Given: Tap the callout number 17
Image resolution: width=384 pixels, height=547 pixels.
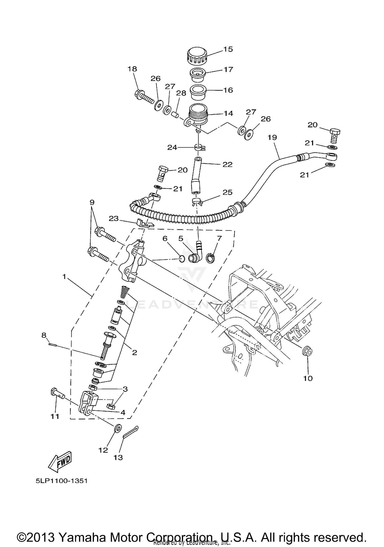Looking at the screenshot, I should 228,69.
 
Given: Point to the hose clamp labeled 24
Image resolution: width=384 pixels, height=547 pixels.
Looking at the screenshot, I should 199,148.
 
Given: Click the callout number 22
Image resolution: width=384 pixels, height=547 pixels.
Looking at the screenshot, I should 227,164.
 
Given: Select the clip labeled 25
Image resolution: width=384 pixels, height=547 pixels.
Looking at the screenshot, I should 197,201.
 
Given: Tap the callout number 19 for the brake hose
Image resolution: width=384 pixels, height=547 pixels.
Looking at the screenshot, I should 272,138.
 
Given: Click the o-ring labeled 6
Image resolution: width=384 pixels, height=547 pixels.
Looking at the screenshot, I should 182,259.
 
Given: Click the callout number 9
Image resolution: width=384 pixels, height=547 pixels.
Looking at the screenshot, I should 92,202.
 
